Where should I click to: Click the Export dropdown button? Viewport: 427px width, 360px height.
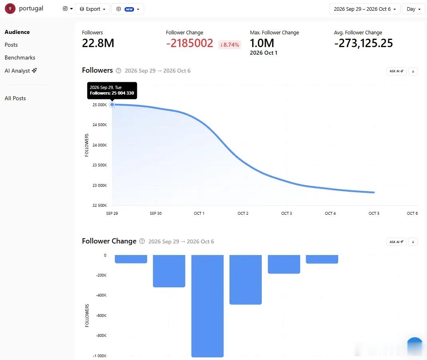[92, 9]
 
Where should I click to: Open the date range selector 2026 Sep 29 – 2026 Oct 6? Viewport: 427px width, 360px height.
[365, 9]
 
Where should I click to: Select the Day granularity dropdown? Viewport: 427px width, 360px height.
[413, 9]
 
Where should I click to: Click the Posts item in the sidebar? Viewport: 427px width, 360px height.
[11, 45]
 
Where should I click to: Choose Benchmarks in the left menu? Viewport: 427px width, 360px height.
[20, 57]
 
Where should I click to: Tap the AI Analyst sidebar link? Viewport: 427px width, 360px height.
[21, 71]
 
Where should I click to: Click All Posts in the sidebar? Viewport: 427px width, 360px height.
[15, 98]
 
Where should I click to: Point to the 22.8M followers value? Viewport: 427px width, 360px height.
[98, 43]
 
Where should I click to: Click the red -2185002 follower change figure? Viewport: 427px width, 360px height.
[190, 43]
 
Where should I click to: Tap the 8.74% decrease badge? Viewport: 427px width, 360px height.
[229, 44]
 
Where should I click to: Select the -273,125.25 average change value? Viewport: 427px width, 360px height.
[364, 43]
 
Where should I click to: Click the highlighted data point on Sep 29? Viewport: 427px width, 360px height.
[112, 105]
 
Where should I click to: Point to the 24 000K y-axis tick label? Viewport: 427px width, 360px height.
[100, 145]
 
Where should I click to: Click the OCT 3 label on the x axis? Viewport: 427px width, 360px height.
[287, 213]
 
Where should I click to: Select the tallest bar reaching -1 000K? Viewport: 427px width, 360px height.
[208, 306]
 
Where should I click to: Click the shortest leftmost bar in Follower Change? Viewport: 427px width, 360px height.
[131, 259]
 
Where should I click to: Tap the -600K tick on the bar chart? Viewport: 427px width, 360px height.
[101, 315]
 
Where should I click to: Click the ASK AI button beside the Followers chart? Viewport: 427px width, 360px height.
[396, 71]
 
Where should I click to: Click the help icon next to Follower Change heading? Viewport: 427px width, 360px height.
[142, 241]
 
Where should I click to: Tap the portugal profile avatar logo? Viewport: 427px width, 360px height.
[10, 9]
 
